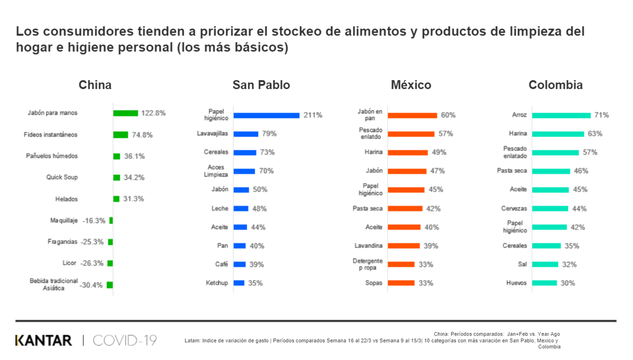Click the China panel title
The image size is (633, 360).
95,85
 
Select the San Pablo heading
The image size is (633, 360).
261,85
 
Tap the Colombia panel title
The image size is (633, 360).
555,85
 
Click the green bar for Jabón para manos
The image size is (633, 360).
126,113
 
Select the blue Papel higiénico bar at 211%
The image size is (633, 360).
267,116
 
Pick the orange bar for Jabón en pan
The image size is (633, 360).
412,116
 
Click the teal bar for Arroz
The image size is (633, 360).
561,116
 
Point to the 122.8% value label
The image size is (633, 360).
154,113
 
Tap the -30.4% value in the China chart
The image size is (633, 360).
91,285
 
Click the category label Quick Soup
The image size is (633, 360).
62,177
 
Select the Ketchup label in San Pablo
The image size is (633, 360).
217,283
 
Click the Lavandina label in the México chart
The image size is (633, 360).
368,246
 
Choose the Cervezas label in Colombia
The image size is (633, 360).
514,209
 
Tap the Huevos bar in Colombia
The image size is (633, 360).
544,283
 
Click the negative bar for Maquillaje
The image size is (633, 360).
111,221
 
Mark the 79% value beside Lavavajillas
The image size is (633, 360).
269,134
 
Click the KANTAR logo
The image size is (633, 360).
44,341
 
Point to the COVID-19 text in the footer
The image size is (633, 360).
125,341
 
